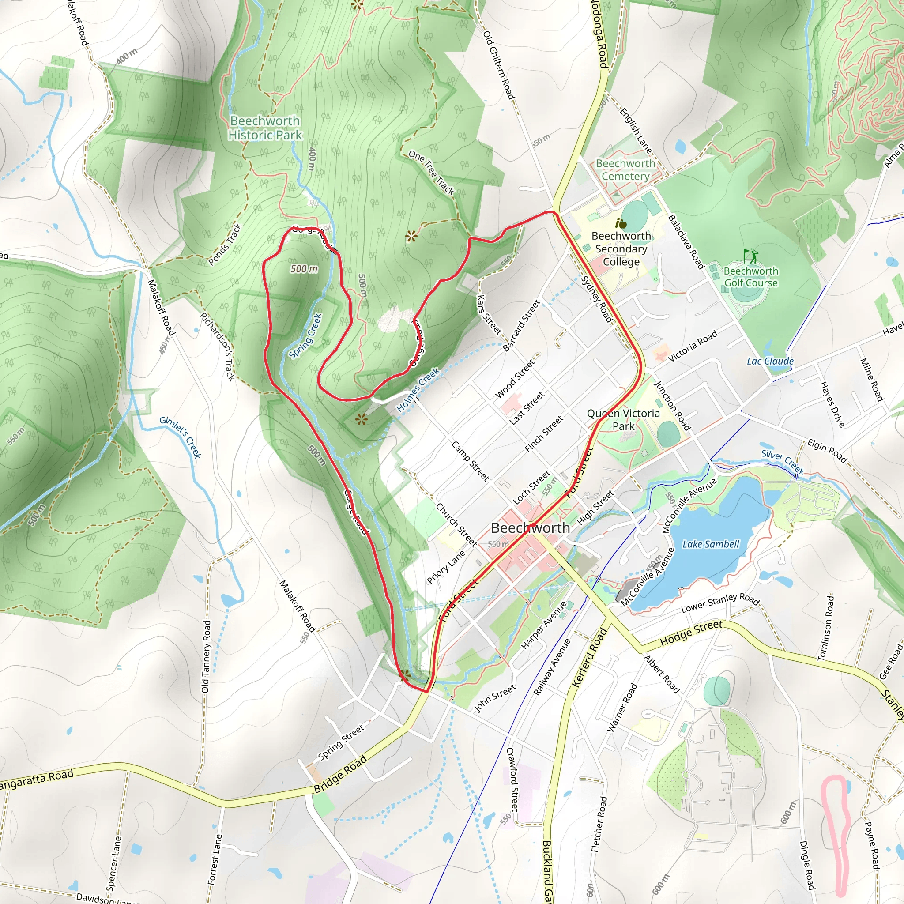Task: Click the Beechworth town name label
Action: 530,528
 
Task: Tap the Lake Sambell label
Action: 710,544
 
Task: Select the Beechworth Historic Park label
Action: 265,128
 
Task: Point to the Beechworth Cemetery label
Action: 625,170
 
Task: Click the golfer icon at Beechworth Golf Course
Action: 750,256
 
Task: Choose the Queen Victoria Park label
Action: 623,419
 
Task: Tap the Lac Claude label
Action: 770,361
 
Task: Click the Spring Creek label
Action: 305,335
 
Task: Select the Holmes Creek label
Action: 418,390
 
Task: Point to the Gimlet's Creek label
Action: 180,437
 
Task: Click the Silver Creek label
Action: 782,461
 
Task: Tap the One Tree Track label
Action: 431,172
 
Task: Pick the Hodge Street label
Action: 691,633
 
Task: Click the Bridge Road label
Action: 340,774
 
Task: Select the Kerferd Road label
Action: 589,657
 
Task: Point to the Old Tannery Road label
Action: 206,656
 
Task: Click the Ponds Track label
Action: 226,244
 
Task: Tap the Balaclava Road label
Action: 686,241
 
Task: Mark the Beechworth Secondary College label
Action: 621,249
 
